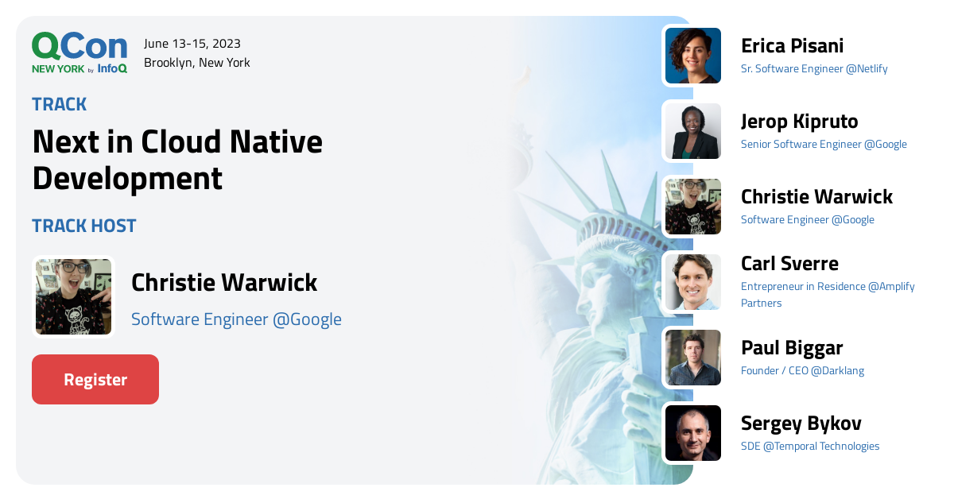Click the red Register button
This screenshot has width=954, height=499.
(95, 379)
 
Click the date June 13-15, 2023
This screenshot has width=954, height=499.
(192, 44)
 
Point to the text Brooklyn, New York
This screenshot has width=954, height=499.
(197, 63)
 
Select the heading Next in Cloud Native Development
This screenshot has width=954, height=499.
(177, 160)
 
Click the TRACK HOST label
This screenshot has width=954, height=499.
(84, 226)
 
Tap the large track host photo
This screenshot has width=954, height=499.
(74, 296)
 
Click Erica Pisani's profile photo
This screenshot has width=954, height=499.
(693, 56)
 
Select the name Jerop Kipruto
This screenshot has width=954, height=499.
(800, 122)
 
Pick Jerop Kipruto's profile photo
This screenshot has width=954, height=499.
(693, 131)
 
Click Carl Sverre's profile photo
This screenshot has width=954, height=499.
(693, 282)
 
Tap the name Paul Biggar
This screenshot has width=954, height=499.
(792, 348)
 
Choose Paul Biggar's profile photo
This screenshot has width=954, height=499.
(693, 358)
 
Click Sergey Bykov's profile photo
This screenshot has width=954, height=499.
(693, 433)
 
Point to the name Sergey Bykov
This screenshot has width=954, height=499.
(801, 424)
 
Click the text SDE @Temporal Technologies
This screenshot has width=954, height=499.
(810, 446)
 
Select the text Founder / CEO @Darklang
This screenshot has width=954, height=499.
(802, 370)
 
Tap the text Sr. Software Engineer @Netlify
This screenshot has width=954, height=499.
(814, 68)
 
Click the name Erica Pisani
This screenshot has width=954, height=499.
(793, 46)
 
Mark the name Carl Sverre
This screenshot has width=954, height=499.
(789, 264)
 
